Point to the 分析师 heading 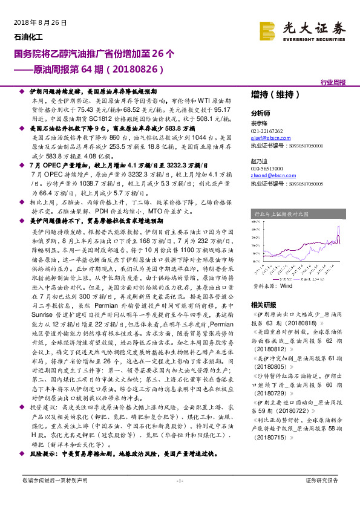coord(260,114)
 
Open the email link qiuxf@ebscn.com coord(268,138)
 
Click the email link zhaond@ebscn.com coord(270,175)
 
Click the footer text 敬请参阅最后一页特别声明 coord(54,497)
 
